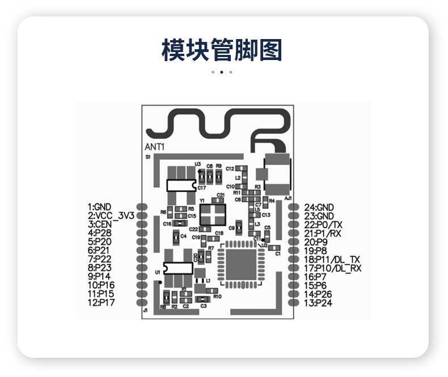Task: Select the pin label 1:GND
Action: coord(100,207)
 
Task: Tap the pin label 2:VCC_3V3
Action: coord(111,216)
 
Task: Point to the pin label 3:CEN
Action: coord(100,224)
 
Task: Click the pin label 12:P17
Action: coord(101,303)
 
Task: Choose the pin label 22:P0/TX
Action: coord(331,224)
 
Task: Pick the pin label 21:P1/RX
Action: coord(331,233)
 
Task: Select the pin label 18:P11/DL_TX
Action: coord(332,259)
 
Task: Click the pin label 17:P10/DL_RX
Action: coord(333,268)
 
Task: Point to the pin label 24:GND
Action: coord(319,207)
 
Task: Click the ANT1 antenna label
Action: coord(155,147)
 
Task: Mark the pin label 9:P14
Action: coord(100,276)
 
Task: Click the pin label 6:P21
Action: coord(99,250)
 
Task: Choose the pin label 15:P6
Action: coord(316,285)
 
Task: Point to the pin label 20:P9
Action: coord(316,242)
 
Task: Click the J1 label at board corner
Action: coord(146,311)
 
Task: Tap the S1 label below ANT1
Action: coord(147,156)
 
